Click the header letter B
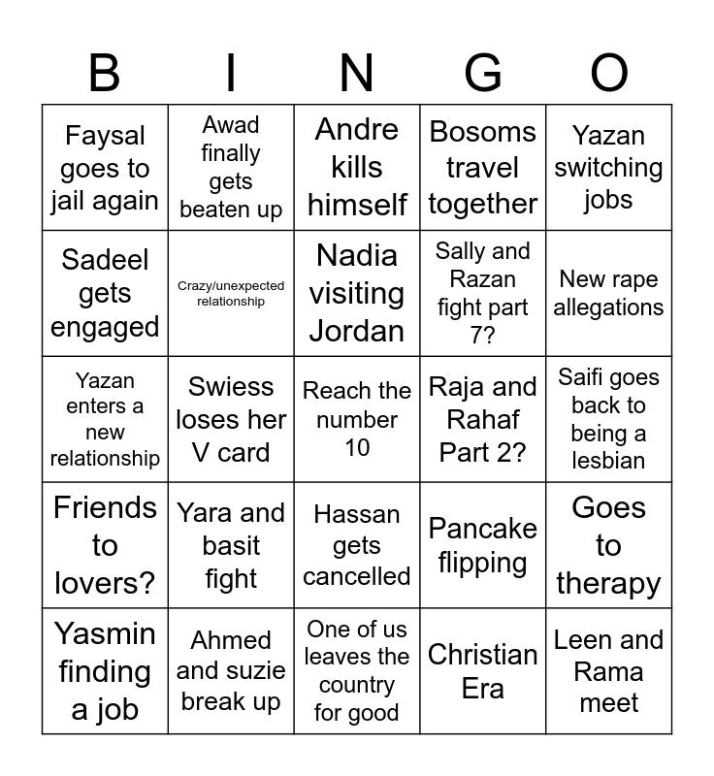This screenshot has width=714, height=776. (105, 73)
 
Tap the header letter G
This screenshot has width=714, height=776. (483, 73)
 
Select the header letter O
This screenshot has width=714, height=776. (609, 73)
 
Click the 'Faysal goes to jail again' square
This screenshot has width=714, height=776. (105, 168)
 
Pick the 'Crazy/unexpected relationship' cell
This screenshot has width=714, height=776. (231, 294)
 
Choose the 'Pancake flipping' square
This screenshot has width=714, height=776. (483, 545)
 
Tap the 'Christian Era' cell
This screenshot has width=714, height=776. (483, 671)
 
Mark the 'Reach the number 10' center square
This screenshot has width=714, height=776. (357, 419)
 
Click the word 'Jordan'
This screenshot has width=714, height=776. (357, 331)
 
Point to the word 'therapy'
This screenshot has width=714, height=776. (609, 583)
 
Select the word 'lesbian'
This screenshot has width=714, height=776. (609, 461)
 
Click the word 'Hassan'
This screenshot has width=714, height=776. (357, 514)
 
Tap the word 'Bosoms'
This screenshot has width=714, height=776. (483, 131)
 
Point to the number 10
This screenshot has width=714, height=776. (357, 447)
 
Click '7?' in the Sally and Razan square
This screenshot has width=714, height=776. (483, 336)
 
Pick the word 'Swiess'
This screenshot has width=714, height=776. (231, 386)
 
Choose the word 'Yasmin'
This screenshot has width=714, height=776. (105, 633)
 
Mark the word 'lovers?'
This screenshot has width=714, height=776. (105, 583)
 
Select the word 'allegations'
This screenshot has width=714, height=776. (609, 307)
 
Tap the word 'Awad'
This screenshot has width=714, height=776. (231, 125)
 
